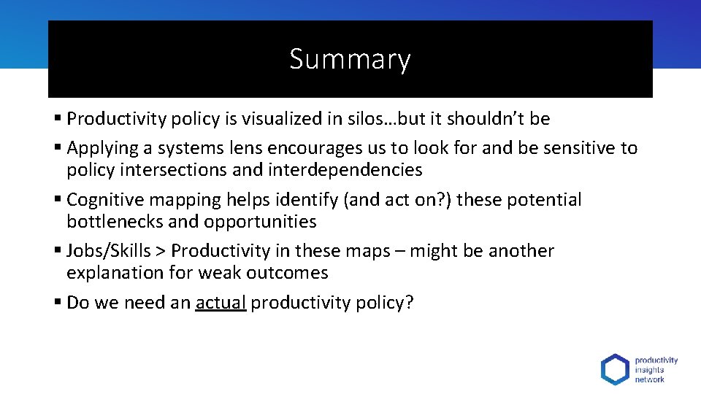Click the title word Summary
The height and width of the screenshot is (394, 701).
coord(350,59)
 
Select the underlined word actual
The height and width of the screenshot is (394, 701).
coord(221,303)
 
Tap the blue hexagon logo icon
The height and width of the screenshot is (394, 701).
coord(614,369)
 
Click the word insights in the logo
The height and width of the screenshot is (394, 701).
coord(649,370)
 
